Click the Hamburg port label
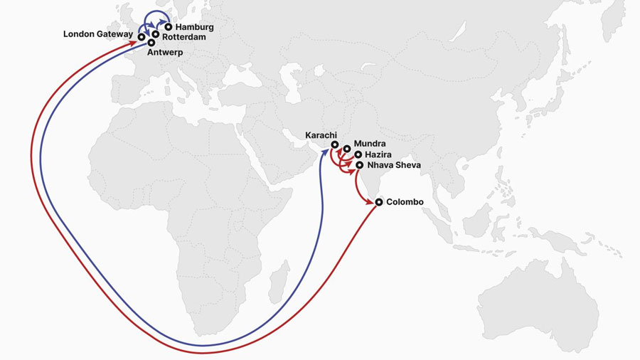194,27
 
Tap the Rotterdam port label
184,36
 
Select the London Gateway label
97,33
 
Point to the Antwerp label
165,52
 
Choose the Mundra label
369,144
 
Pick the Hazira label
378,154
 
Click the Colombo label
405,202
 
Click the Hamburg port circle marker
169,27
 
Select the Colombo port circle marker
379,203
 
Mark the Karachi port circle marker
334,145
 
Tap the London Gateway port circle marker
142,36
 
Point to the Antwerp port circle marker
151,43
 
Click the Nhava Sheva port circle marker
359,165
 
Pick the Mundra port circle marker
346,149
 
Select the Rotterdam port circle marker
155,33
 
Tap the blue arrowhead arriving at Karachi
329,151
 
